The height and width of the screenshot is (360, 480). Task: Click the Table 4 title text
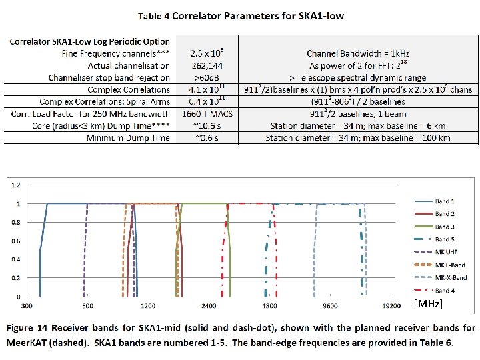pos(240,16)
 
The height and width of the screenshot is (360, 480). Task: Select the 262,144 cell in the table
pos(204,65)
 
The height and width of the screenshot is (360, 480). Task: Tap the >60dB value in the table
pos(204,77)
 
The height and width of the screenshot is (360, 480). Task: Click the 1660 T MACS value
pos(204,114)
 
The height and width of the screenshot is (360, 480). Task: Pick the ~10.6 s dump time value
pos(204,125)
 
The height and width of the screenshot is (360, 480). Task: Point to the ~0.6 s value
pos(204,138)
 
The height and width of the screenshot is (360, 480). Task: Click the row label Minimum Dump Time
pos(127,138)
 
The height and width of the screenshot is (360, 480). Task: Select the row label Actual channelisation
pos(129,65)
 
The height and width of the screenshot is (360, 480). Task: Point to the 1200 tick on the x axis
pos(147,306)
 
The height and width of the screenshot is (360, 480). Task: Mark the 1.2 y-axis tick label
pos(16,185)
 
